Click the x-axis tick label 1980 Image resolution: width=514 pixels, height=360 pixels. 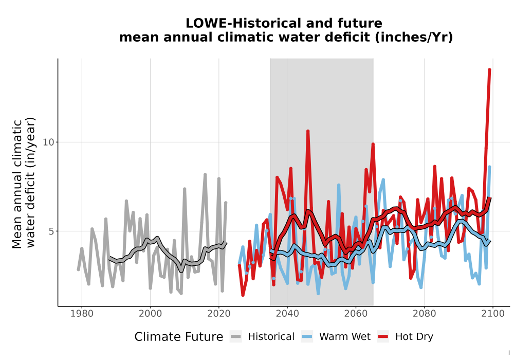(82, 314)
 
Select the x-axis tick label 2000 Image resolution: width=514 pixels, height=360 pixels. (150, 314)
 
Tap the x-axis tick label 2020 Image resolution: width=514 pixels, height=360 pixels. (218, 314)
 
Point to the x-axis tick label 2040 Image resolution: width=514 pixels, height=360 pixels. (287, 314)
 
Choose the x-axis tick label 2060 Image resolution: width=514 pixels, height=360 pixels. (356, 314)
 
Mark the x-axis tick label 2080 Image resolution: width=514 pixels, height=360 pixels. (424, 314)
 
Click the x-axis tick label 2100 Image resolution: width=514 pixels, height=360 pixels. (493, 314)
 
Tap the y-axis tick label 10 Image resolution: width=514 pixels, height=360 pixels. (48, 142)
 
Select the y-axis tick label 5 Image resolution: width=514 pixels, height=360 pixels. (51, 231)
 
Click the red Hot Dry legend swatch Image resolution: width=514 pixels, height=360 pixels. (383, 337)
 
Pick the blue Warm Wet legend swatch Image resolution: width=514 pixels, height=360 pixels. (307, 337)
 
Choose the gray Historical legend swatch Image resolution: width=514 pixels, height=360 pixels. (235, 337)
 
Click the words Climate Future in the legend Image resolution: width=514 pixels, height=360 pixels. (179, 337)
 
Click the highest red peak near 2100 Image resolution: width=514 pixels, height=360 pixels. (489, 69)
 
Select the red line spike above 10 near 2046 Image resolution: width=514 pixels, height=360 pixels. (308, 131)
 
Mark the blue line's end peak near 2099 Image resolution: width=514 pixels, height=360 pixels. (489, 167)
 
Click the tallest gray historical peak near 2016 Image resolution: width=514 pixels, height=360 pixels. (205, 175)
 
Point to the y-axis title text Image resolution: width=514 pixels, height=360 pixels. (24, 184)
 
